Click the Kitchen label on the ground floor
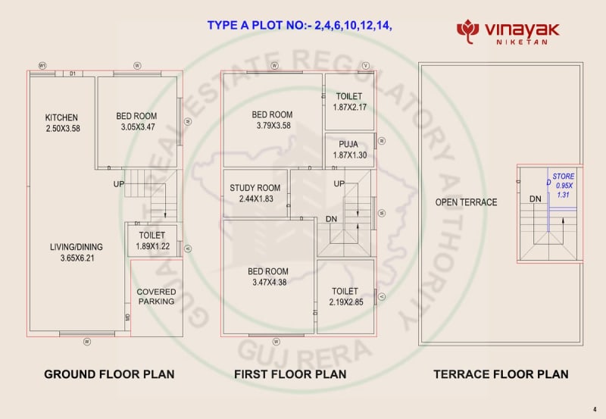[61, 117]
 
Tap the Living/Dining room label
[77, 247]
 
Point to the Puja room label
[348, 144]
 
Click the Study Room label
[255, 187]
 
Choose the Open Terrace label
[466, 202]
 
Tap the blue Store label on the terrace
[564, 176]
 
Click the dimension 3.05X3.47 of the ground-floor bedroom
[136, 127]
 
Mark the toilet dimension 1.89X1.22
[152, 246]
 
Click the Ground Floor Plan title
[109, 374]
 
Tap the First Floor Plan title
[290, 374]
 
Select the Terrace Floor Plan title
[501, 374]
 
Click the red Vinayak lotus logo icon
[468, 30]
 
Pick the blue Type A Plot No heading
[300, 25]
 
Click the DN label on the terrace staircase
[536, 199]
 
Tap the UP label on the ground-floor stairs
[120, 184]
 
